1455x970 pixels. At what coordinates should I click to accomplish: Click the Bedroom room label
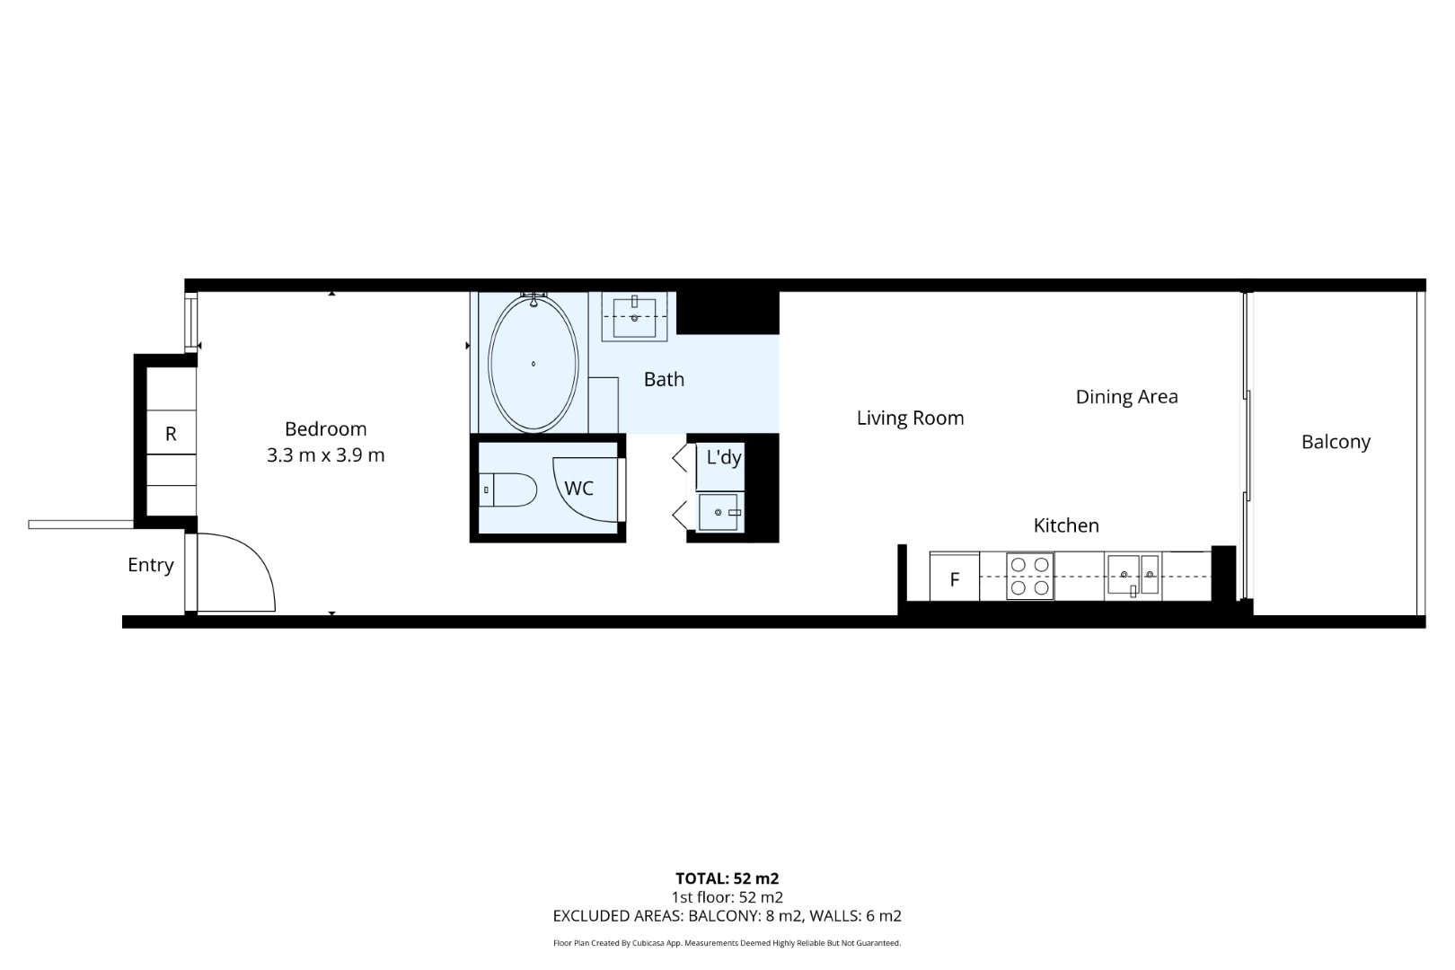325,428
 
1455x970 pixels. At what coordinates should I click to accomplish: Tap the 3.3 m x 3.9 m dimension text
325,454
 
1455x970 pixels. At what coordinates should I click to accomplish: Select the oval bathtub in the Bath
533,364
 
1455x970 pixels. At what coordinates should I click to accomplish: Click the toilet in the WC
507,489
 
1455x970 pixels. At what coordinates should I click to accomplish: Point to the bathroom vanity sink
635,316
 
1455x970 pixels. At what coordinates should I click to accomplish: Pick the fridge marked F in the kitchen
954,577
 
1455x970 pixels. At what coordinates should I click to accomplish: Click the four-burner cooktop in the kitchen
1029,577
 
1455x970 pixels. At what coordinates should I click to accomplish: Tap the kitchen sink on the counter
1133,575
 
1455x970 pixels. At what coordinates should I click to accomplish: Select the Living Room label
910,418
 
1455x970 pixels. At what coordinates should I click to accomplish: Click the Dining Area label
1126,396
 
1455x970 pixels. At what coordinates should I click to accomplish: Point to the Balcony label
1336,442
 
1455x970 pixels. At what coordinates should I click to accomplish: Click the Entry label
151,565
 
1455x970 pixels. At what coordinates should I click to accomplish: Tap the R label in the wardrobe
171,433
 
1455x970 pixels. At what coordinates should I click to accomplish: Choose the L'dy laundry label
724,457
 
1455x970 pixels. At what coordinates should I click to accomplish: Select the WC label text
578,488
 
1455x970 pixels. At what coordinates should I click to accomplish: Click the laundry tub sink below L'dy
719,512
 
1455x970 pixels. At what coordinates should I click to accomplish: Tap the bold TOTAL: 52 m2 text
727,878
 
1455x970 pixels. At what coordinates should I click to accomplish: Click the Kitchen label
1066,525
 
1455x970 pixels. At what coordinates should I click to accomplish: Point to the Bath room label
664,379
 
